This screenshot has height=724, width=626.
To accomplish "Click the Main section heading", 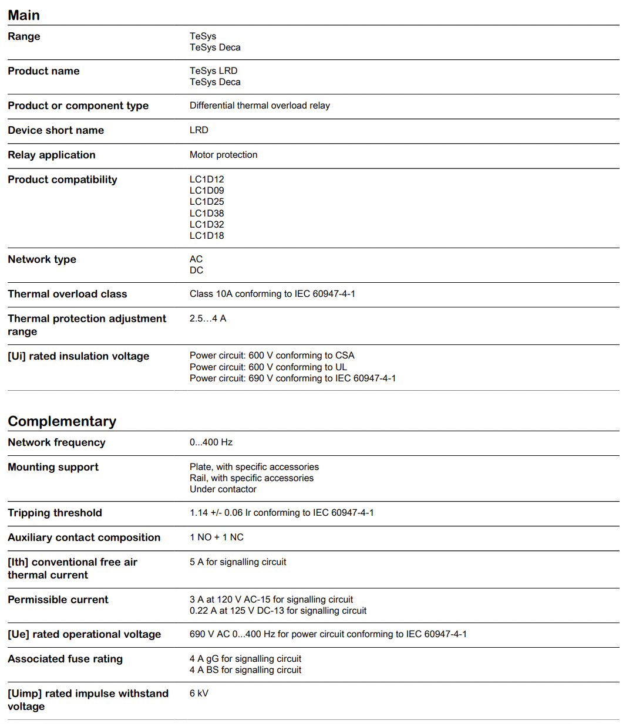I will pyautogui.click(x=24, y=15).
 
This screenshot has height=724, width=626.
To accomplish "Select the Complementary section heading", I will pyautogui.click(x=62, y=421).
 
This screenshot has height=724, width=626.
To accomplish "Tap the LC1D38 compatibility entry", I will pyautogui.click(x=207, y=214).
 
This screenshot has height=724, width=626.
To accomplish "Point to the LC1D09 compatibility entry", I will pyautogui.click(x=207, y=191).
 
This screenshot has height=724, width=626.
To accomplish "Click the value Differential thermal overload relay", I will pyautogui.click(x=260, y=106).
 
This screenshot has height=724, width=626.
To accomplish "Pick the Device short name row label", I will pyautogui.click(x=56, y=130).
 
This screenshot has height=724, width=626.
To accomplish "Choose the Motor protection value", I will pyautogui.click(x=223, y=155).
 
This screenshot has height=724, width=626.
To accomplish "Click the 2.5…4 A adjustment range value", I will pyautogui.click(x=208, y=319).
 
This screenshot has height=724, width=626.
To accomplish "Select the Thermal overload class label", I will pyautogui.click(x=67, y=294).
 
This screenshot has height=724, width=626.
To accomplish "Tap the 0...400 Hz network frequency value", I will pyautogui.click(x=211, y=442).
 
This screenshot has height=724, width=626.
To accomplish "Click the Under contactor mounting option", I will pyautogui.click(x=223, y=489).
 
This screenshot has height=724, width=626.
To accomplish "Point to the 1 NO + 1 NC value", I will pyautogui.click(x=216, y=537).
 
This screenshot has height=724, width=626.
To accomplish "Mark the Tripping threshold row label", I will pyautogui.click(x=55, y=513).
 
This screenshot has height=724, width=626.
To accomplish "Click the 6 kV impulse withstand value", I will pyautogui.click(x=199, y=693).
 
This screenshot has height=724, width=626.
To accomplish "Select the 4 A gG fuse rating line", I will pyautogui.click(x=245, y=659).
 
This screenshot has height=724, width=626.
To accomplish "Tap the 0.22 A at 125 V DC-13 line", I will pyautogui.click(x=278, y=611).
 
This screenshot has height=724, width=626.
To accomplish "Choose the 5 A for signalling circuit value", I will pyautogui.click(x=238, y=562).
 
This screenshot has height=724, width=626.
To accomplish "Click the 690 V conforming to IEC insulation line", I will pyautogui.click(x=292, y=378).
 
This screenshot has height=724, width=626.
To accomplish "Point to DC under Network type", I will pyautogui.click(x=196, y=270).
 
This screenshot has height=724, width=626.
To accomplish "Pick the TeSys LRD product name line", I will pyautogui.click(x=214, y=71).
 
